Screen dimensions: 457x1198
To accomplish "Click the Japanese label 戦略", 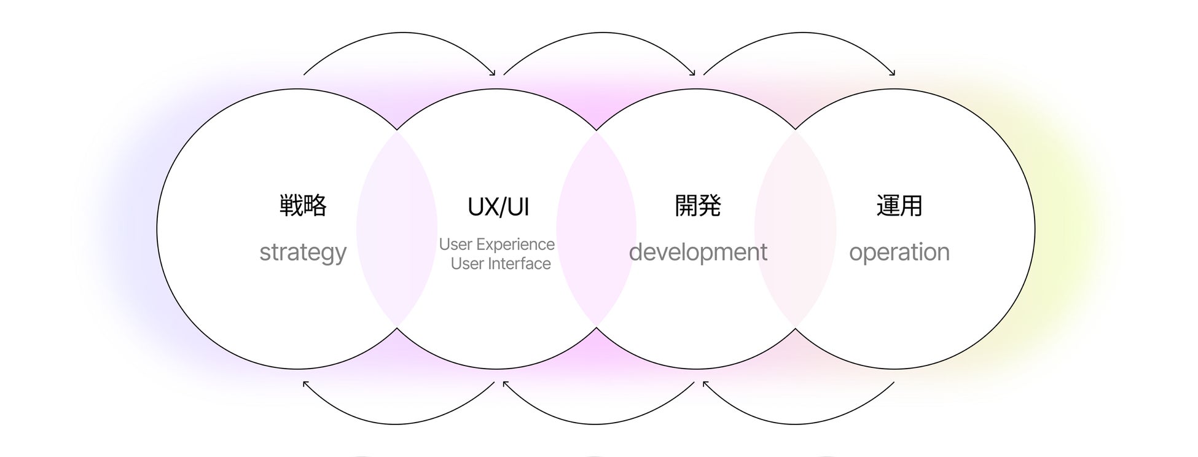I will point(303,206).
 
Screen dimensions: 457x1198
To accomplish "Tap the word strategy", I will point(303,252).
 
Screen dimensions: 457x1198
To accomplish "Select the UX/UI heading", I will point(498,207).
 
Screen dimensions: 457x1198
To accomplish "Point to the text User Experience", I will point(496,244).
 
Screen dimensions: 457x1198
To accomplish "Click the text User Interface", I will point(501,264).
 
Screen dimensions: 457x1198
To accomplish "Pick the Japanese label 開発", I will point(698,206).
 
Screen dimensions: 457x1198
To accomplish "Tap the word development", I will point(698,252).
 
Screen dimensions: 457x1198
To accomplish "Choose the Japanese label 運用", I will point(899,206).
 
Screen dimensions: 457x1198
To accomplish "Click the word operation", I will point(899,252).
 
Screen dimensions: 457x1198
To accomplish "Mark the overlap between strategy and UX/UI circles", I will point(397,228).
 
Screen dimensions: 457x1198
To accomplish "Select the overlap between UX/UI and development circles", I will point(596,228).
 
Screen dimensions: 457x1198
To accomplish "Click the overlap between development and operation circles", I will point(795,228).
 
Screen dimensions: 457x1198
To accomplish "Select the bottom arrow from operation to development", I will point(795,424).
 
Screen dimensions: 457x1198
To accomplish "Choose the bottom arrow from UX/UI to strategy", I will point(396,424).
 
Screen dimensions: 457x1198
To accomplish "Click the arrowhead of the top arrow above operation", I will point(893,73).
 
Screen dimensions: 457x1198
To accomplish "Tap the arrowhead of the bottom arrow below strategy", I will point(305,383).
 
